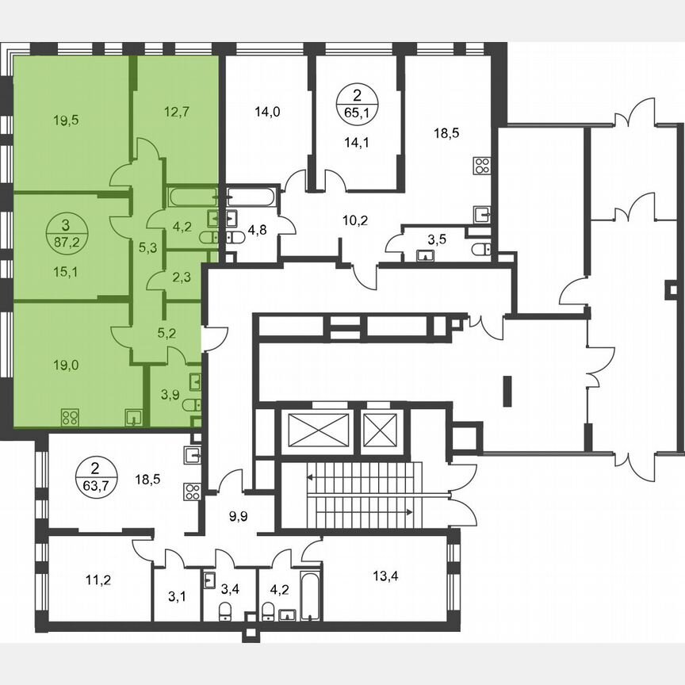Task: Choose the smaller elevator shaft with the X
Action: tap(381, 431)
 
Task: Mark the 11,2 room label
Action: tap(98, 580)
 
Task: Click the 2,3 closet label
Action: tap(180, 277)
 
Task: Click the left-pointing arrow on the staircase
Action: tap(311, 477)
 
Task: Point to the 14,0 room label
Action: tap(268, 112)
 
